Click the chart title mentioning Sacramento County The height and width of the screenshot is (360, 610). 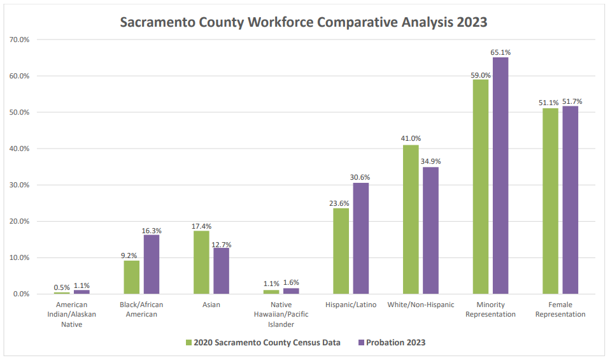(304, 22)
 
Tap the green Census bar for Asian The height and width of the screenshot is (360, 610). (201, 262)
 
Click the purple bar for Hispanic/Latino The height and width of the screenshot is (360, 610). (360, 238)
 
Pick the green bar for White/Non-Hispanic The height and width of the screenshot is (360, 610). (411, 219)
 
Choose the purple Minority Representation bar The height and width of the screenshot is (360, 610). (500, 175)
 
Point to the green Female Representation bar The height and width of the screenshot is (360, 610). (550, 201)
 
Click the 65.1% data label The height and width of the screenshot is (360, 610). (500, 52)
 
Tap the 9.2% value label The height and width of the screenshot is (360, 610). (131, 256)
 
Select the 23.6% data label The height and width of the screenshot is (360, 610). (341, 203)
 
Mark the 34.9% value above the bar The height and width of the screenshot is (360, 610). (430, 162)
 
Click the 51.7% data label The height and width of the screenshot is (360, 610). (571, 101)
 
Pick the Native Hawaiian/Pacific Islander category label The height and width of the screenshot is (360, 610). (281, 314)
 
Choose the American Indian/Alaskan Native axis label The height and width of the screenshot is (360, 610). (72, 314)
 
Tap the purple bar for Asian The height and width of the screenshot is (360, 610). (221, 271)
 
